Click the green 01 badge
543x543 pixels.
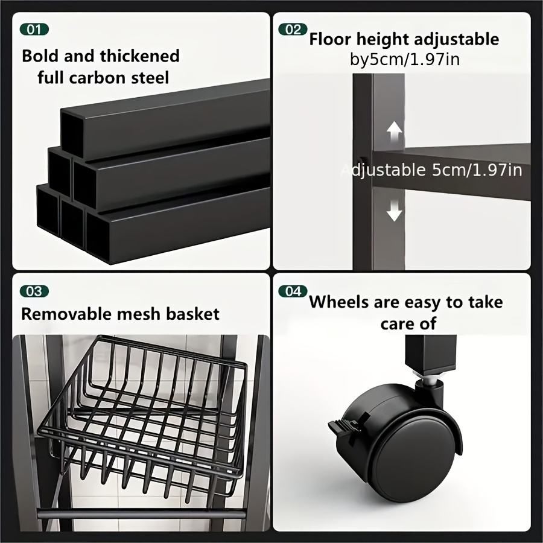(x=34, y=30)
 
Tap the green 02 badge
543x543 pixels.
(x=293, y=30)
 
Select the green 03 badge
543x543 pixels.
(x=34, y=291)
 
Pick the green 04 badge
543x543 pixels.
(x=293, y=291)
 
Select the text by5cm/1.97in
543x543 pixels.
(x=405, y=60)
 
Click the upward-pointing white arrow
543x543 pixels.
(x=394, y=132)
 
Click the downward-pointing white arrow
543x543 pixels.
(x=394, y=211)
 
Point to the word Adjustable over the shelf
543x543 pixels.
(x=383, y=170)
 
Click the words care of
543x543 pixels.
(x=408, y=323)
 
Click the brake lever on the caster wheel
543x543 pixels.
(x=343, y=424)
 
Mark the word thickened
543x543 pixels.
(x=139, y=56)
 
